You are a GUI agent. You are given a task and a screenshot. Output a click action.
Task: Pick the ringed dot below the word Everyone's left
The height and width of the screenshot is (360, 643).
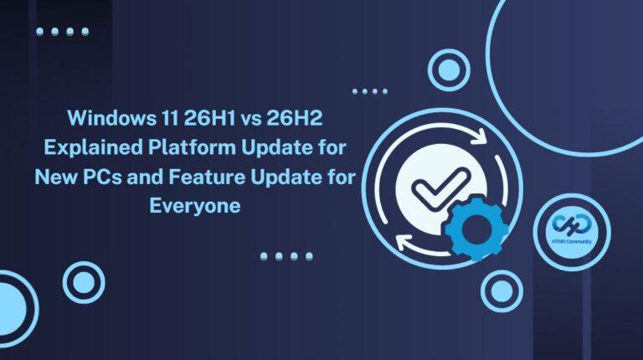pyautogui.click(x=84, y=282)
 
